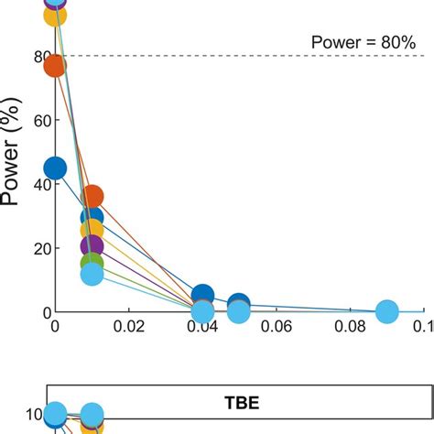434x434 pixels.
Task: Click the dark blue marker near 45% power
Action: (x=55, y=168)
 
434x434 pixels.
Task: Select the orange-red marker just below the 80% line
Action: (x=55, y=66)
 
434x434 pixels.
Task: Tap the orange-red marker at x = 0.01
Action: (x=92, y=196)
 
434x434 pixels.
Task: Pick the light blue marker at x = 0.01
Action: (x=92, y=274)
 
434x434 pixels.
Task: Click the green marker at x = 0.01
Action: (x=92, y=264)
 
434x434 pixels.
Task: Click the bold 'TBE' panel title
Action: (x=240, y=400)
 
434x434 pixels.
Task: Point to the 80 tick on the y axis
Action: (x=37, y=56)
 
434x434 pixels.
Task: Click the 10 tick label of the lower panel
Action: (x=32, y=415)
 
